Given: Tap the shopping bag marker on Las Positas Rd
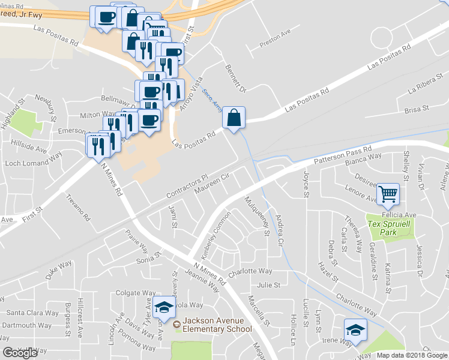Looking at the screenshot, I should (x=234, y=118).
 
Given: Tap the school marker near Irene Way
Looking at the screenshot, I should (x=355, y=330).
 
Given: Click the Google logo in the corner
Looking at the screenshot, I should (x=20, y=353).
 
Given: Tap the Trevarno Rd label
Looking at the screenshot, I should (x=77, y=207).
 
